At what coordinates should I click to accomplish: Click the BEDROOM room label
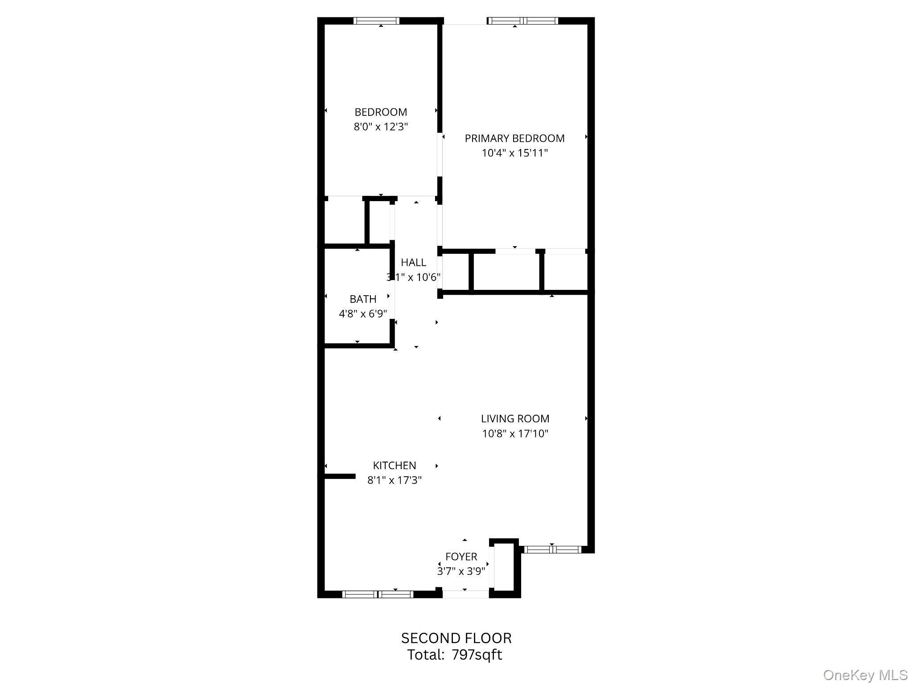point(381,112)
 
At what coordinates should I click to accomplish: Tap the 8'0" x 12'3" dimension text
point(381,127)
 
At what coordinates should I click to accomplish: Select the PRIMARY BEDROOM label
point(514,138)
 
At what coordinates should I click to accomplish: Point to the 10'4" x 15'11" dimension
point(514,153)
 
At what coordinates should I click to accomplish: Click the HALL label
point(413,262)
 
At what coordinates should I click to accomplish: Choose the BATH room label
point(363,299)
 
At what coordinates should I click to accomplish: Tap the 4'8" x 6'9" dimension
point(363,314)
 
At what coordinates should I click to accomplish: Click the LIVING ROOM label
point(515,418)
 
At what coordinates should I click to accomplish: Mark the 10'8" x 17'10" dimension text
point(515,433)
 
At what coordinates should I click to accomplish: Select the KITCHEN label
point(394,465)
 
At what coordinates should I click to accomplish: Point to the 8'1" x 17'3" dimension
point(394,480)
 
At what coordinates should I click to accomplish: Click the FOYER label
point(461,557)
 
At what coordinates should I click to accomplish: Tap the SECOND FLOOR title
point(456,638)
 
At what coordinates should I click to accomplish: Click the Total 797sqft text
point(454,655)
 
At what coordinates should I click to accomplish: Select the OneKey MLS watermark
point(865,675)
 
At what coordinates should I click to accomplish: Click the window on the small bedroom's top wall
point(376,21)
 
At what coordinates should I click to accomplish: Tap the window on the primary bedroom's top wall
point(522,21)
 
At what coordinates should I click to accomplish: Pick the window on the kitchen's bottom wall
point(378,594)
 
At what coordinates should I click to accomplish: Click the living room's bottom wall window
point(552,549)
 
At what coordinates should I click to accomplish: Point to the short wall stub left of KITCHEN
point(339,476)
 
